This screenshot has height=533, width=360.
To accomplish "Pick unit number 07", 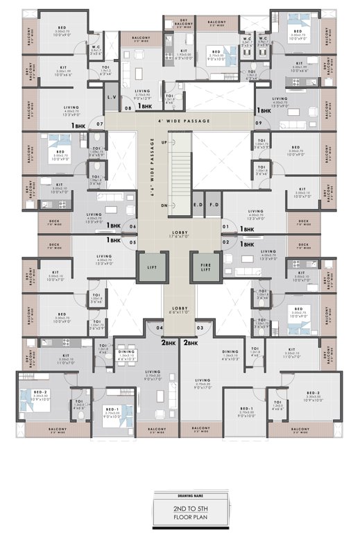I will (100, 124).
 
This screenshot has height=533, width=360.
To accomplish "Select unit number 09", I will (259, 124).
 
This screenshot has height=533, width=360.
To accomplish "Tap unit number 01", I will (225, 226).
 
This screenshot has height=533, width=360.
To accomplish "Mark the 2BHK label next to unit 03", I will (191, 342).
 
